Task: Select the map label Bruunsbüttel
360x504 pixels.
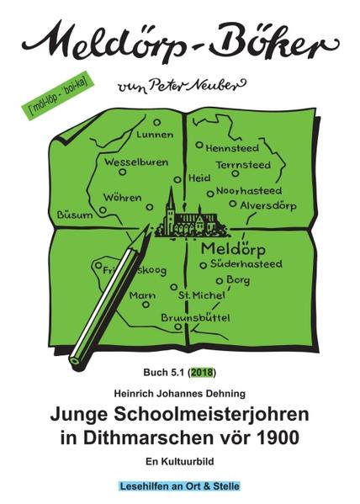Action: point(196,317)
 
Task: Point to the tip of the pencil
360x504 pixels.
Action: point(75,361)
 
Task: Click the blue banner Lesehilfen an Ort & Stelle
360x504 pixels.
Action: point(179,485)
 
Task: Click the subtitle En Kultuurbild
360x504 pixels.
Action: point(179,461)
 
